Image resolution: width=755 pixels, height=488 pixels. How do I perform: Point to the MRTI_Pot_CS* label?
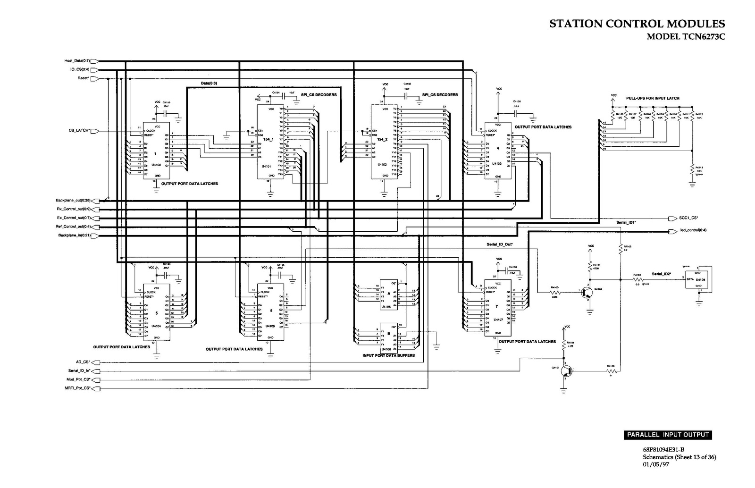[78, 388]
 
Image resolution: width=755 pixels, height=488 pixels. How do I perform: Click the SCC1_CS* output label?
[688, 218]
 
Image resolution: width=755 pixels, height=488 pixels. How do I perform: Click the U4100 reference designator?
[155, 165]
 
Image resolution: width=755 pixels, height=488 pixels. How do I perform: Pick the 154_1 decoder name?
[269, 140]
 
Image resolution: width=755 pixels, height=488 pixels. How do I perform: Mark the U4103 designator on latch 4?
[496, 163]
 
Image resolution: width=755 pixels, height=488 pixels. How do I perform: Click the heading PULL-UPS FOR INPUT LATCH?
[653, 98]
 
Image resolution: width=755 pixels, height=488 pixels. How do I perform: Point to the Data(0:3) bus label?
[209, 83]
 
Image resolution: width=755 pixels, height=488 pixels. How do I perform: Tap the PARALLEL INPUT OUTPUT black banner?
[668, 435]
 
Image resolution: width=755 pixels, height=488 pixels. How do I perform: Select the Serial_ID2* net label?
[661, 274]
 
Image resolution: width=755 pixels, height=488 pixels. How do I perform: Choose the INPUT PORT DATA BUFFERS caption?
[388, 355]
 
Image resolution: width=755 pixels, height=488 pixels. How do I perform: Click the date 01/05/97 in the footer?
[656, 464]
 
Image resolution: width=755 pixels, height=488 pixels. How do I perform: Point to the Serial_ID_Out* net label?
[499, 244]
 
